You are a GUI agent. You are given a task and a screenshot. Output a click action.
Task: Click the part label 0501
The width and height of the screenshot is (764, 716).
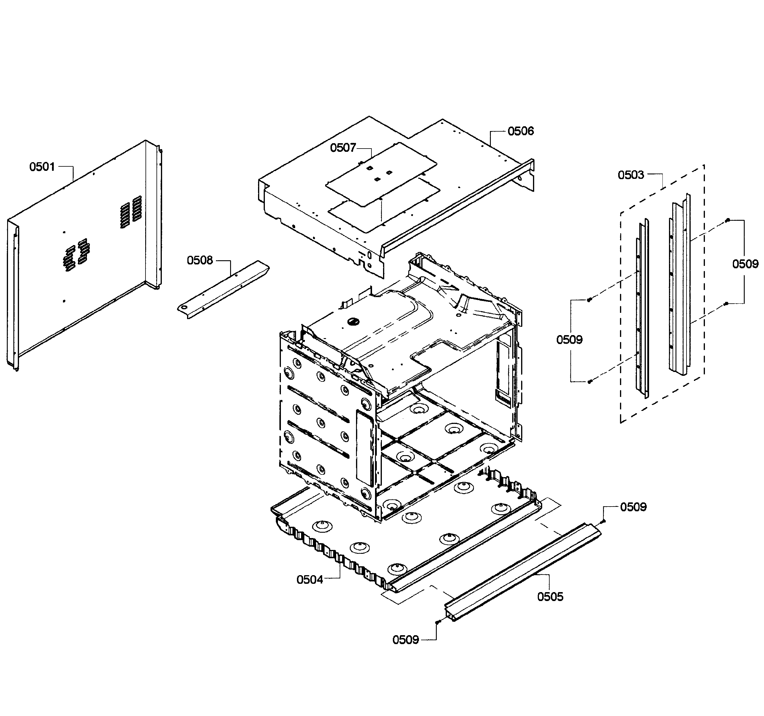pyautogui.click(x=42, y=167)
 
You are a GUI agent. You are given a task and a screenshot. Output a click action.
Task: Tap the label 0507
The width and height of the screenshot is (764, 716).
pyautogui.click(x=343, y=148)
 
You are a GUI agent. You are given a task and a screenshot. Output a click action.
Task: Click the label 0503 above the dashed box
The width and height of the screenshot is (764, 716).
pyautogui.click(x=631, y=175)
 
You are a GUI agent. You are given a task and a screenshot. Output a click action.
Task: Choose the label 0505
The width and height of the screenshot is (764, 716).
pyautogui.click(x=550, y=597)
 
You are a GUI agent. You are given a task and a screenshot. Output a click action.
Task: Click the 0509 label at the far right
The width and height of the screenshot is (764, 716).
pyautogui.click(x=745, y=264)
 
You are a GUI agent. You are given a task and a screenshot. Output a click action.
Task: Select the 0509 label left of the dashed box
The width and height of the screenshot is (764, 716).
pyautogui.click(x=569, y=340)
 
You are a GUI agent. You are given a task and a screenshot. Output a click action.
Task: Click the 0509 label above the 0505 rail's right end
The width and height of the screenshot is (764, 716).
pyautogui.click(x=633, y=507)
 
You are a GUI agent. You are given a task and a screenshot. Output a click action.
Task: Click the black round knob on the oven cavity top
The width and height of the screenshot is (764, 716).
pyautogui.click(x=352, y=321)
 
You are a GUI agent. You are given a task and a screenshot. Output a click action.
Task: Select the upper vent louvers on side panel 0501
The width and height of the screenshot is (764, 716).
pyautogui.click(x=131, y=211)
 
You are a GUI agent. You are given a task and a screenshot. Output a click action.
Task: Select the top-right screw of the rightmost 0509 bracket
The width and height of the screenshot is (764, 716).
pyautogui.click(x=727, y=220)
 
